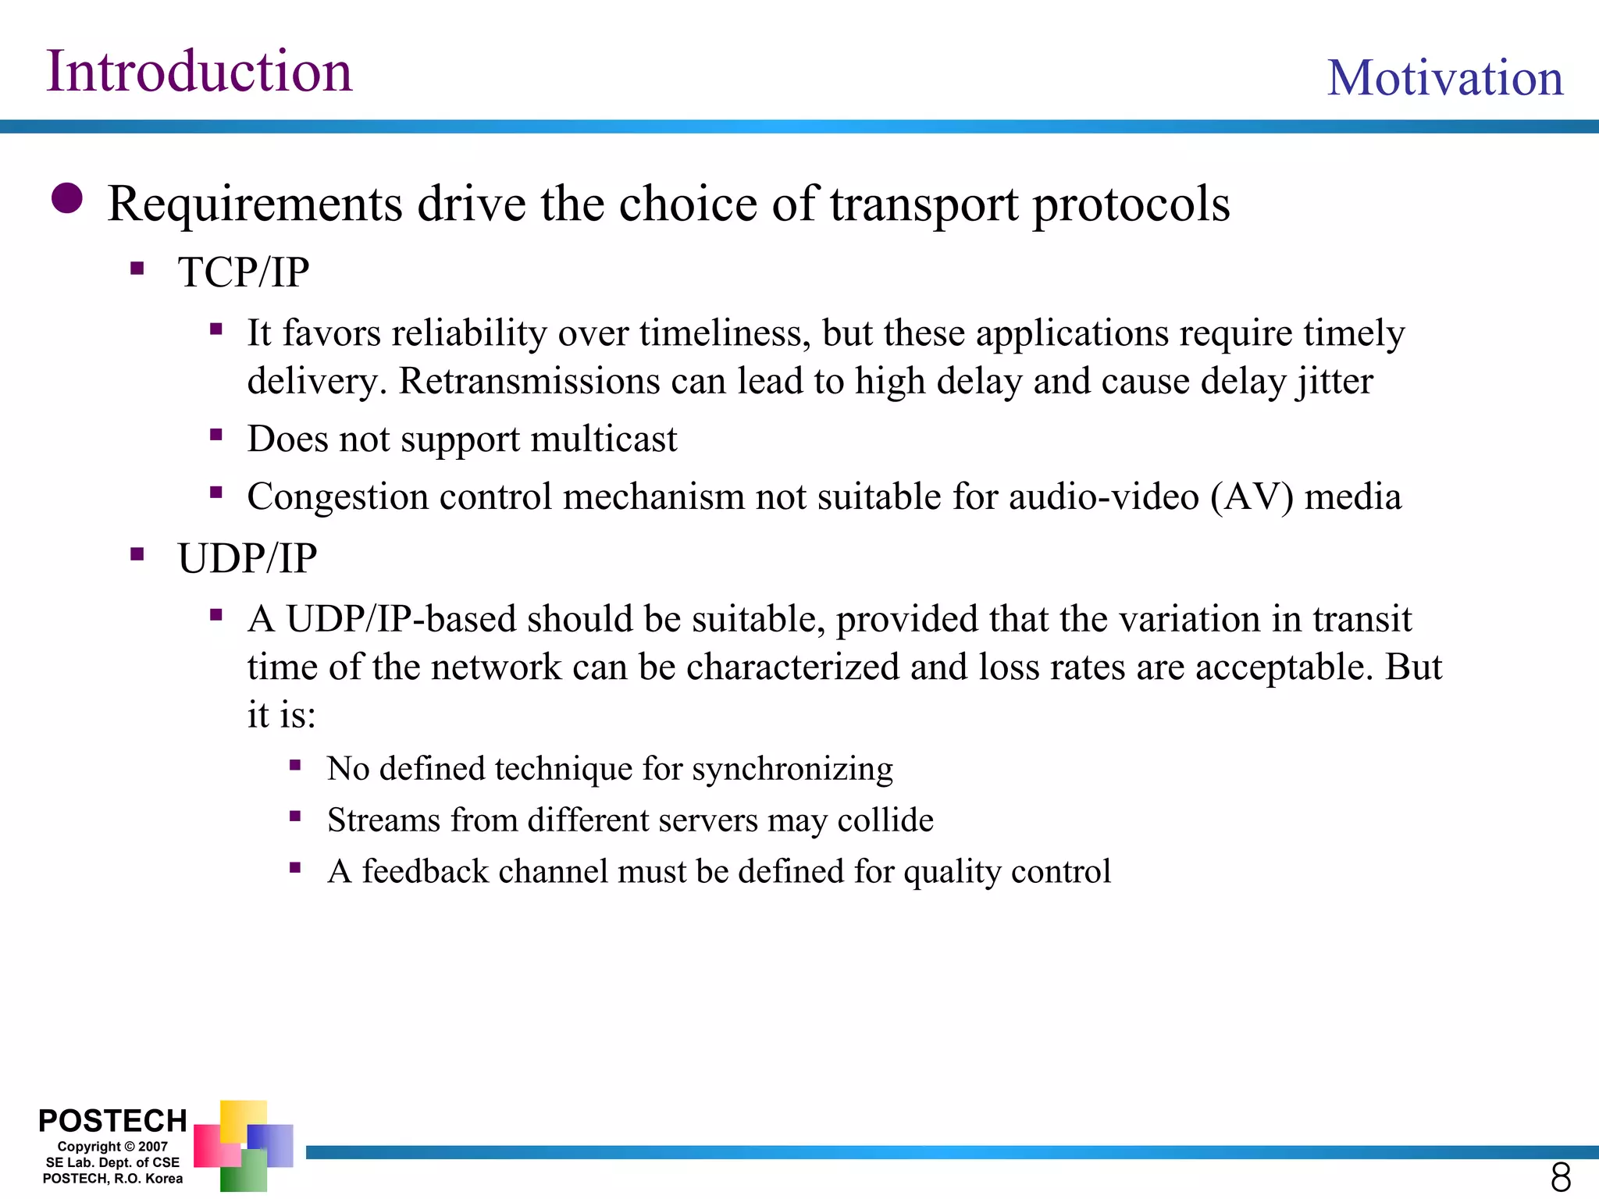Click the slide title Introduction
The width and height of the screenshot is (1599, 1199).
[x=199, y=72]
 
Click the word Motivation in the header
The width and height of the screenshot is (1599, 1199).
[x=1445, y=78]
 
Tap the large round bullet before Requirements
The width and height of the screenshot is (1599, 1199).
[x=67, y=198]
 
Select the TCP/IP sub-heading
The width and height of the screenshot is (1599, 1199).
[x=243, y=272]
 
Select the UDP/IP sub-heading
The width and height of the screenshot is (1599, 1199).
[x=247, y=559]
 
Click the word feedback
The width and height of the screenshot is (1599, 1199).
[x=425, y=872]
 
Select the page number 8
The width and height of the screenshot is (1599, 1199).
[x=1560, y=1177]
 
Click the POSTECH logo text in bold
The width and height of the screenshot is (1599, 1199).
[x=112, y=1121]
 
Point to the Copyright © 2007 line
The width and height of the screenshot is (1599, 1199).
[x=112, y=1147]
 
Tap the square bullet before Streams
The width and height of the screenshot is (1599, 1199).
[x=295, y=817]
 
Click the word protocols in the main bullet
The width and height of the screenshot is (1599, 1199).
[x=1131, y=205]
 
